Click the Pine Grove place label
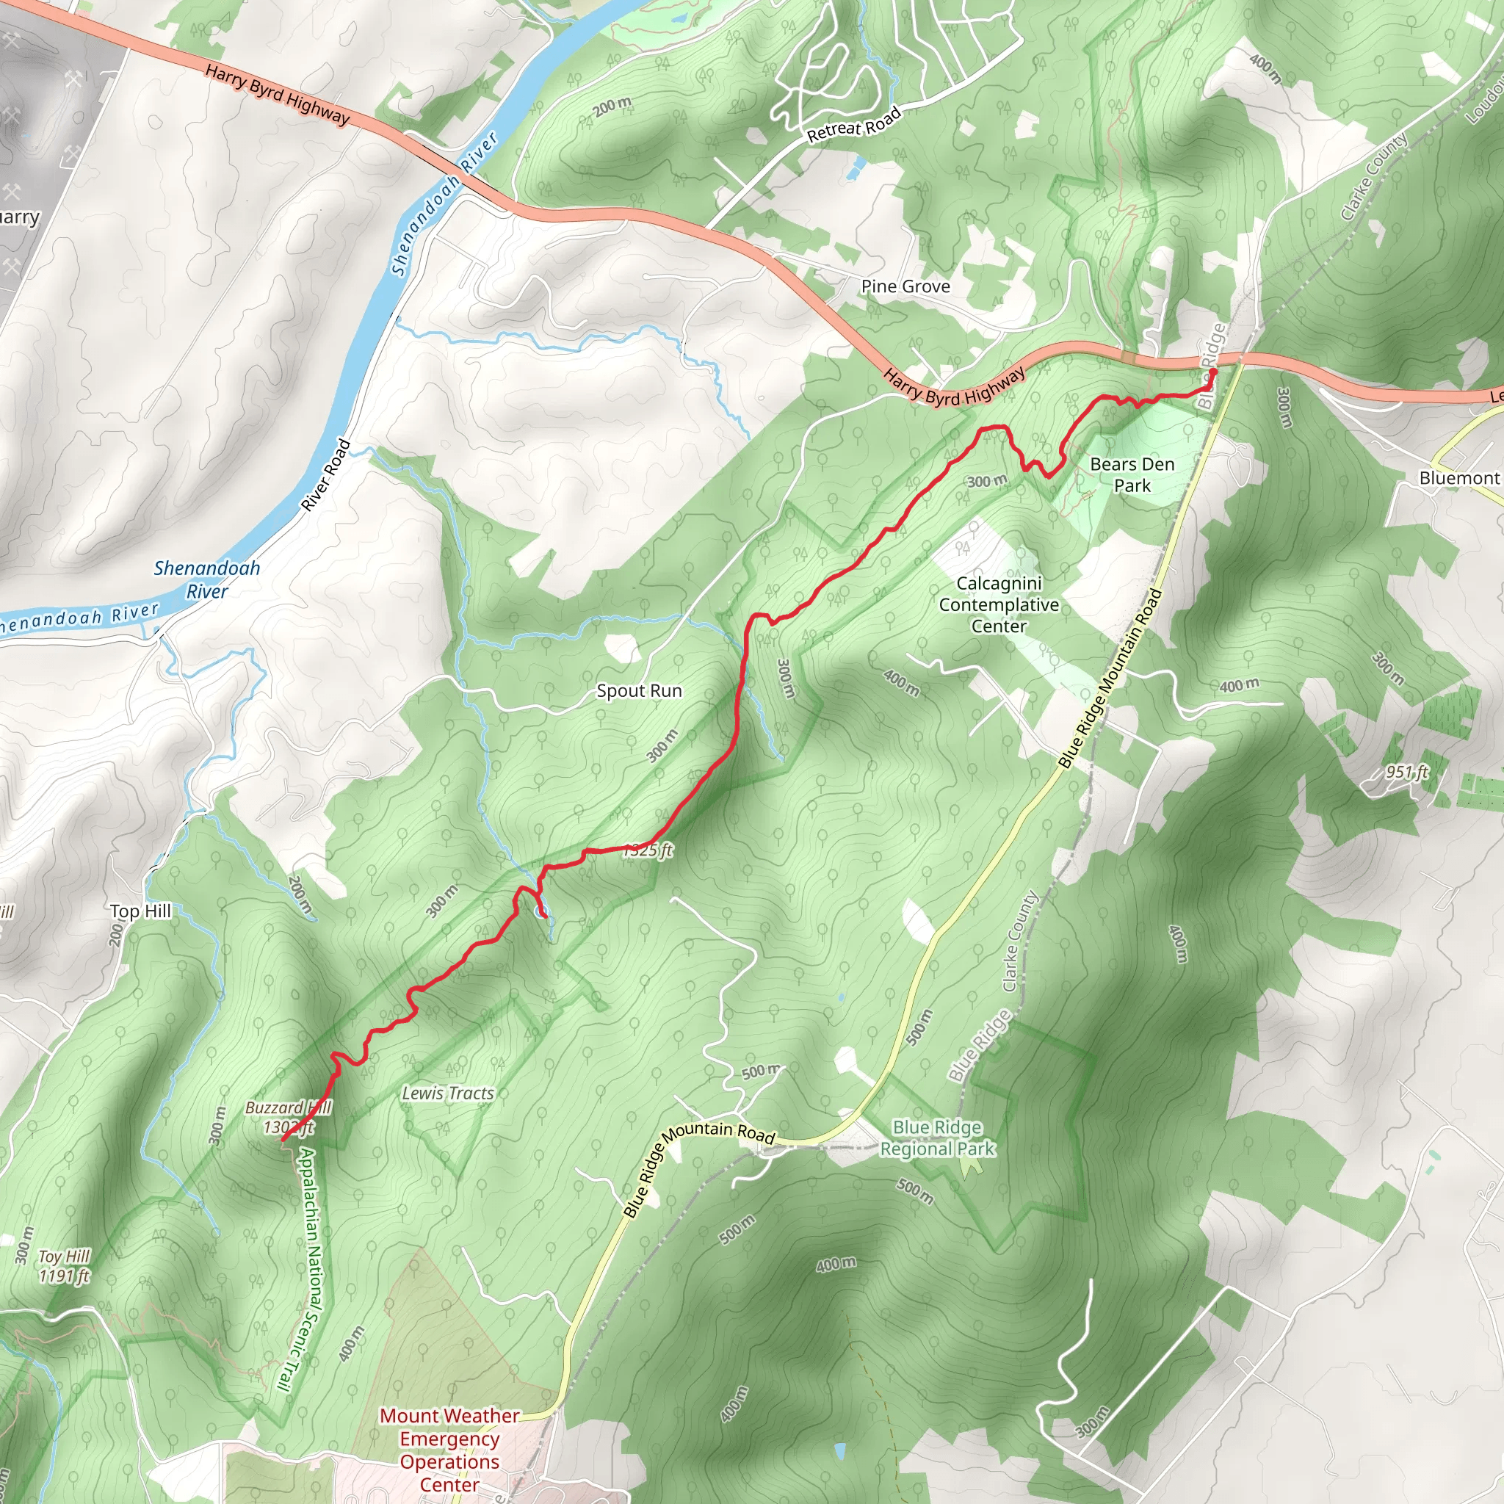coord(905,286)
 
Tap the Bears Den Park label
coord(1132,475)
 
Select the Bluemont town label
coord(1459,478)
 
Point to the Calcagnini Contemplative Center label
coord(999,605)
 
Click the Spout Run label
coord(639,690)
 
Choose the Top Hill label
coord(140,911)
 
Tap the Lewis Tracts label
coord(448,1093)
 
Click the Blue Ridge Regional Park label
coord(937,1138)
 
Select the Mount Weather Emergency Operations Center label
coord(450,1450)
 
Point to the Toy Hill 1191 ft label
coord(65,1266)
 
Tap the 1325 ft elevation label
coord(648,850)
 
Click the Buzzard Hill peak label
coord(288,1117)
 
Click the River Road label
coord(326,476)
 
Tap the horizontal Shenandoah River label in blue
coord(207,579)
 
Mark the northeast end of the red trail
coord(1213,372)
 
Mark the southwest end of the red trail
coord(282,1140)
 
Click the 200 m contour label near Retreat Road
coord(612,106)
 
